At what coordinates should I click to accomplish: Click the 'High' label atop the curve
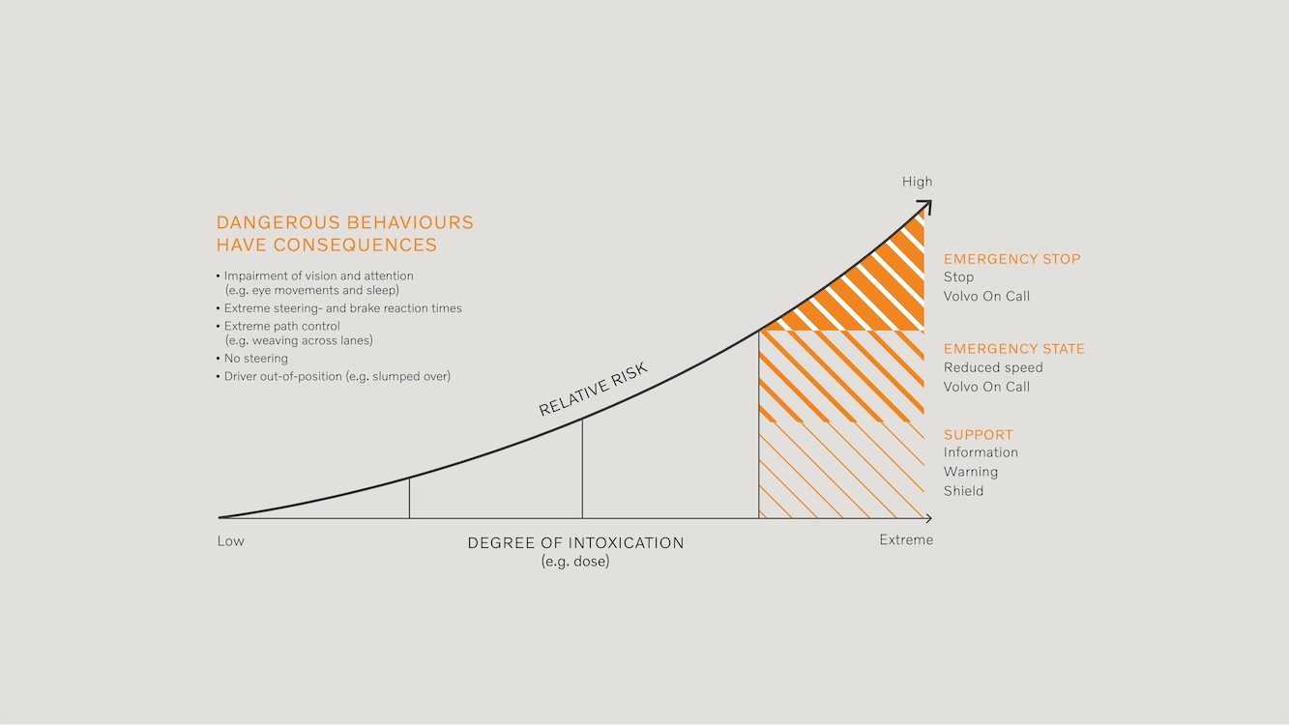click(917, 182)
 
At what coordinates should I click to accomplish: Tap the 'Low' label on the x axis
click(231, 541)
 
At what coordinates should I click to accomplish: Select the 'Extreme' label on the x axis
click(906, 540)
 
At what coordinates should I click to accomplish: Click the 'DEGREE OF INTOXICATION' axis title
click(575, 543)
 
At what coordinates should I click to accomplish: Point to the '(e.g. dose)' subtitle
click(575, 562)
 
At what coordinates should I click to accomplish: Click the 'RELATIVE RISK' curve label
click(592, 389)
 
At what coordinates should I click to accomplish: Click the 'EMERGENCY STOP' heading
click(1011, 259)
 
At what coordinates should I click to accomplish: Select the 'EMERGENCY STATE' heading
click(1013, 349)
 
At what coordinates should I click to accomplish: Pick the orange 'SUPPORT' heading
click(978, 435)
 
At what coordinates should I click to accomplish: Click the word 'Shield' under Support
click(963, 491)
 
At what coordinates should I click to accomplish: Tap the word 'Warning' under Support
click(970, 472)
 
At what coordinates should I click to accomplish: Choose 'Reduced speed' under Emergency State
click(993, 367)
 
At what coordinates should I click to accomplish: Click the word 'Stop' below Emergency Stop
click(958, 277)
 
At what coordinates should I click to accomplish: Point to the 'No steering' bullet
click(255, 359)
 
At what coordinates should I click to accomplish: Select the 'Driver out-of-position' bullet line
click(337, 376)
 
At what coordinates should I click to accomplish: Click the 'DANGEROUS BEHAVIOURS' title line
click(344, 222)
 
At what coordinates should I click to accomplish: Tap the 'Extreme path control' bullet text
click(281, 327)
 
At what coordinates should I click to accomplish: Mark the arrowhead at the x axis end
click(928, 519)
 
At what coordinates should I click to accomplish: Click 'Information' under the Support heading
click(981, 452)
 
